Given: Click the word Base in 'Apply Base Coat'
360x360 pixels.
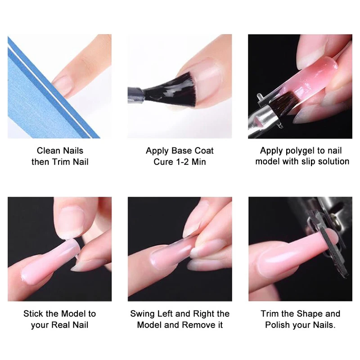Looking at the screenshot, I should click(x=181, y=151).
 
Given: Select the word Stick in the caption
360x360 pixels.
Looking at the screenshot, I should click(x=34, y=314).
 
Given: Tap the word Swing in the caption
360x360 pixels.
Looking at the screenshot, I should click(x=142, y=314).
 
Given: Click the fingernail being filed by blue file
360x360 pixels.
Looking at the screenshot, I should click(x=63, y=85).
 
